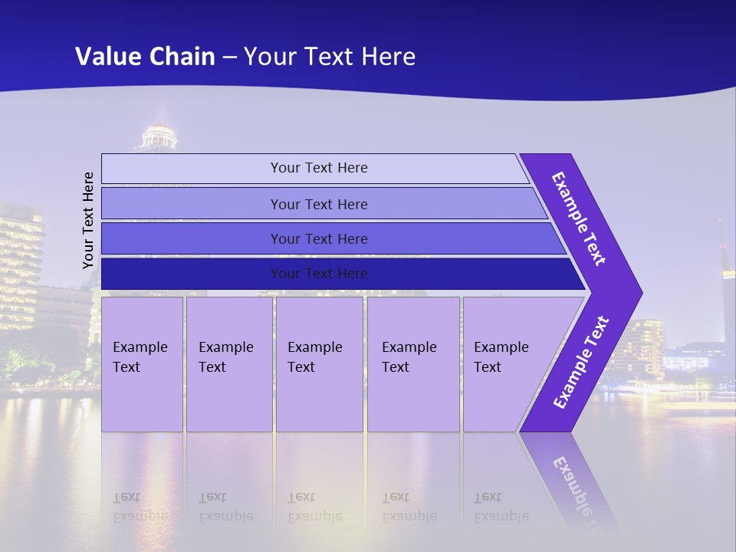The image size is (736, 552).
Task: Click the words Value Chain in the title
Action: (x=145, y=56)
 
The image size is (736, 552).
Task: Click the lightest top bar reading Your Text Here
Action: (x=319, y=168)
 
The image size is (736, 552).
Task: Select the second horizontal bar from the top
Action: (x=319, y=204)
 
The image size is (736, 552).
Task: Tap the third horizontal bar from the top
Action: (x=319, y=238)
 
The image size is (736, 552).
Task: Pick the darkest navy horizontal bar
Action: (x=319, y=274)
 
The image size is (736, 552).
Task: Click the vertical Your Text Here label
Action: (x=88, y=220)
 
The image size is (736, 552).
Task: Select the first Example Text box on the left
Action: (x=142, y=364)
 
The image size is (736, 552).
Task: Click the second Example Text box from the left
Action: (x=228, y=364)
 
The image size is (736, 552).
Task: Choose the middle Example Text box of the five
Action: (x=319, y=364)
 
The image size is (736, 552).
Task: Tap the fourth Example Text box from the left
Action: (x=412, y=364)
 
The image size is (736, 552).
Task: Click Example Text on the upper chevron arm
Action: (x=579, y=219)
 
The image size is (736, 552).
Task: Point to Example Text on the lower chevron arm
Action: (x=581, y=362)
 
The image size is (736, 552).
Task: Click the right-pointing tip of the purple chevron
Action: (x=636, y=293)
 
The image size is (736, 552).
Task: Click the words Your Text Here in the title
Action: (x=330, y=56)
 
